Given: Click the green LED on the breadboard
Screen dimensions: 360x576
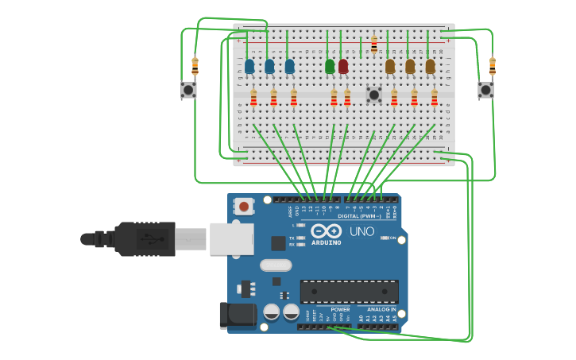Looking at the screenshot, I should (x=330, y=66).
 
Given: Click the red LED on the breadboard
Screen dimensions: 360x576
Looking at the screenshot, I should (x=343, y=66).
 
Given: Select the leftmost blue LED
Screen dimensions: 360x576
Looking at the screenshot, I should (x=249, y=66).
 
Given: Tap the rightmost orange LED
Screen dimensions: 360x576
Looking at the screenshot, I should (x=430, y=66).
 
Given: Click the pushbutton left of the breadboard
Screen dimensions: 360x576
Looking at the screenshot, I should (x=188, y=90).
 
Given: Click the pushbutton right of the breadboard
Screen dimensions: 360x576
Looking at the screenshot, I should (x=485, y=90).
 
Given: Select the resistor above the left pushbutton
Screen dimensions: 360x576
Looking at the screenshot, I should (x=195, y=65).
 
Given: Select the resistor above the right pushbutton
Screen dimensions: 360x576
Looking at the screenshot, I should (x=493, y=65).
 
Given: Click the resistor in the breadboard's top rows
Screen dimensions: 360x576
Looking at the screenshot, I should (x=374, y=45).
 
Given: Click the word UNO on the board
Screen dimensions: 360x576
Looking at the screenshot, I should (x=362, y=231).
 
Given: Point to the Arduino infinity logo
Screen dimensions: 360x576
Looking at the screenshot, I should (x=327, y=231).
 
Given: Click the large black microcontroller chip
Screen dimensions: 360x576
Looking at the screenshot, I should (x=349, y=291).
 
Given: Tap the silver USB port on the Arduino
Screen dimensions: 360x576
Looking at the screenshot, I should (x=231, y=238).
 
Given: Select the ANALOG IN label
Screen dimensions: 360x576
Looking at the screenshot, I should (x=381, y=309).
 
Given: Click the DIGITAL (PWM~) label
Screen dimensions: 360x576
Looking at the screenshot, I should (x=359, y=215).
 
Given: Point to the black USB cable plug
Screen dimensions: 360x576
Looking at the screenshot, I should (x=143, y=238).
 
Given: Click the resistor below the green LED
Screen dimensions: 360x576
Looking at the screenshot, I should (x=334, y=98).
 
